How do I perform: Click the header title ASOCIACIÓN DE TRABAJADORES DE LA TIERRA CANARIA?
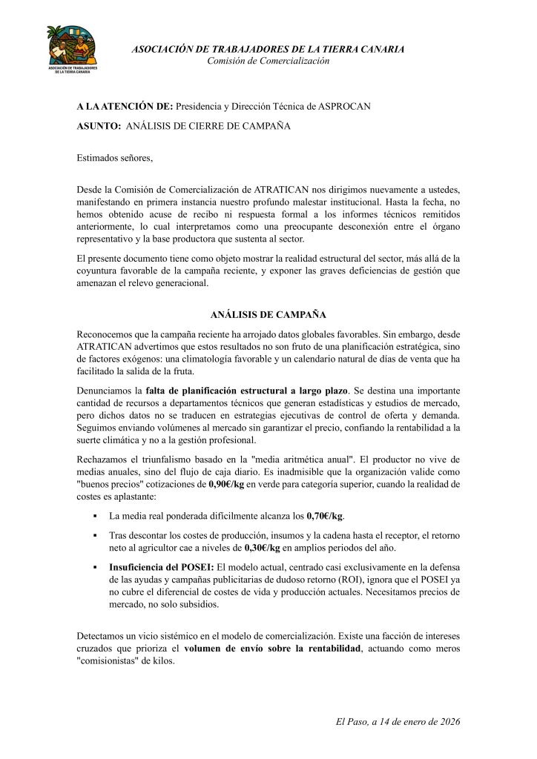[x=268, y=49]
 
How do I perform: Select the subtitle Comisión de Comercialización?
[x=268, y=61]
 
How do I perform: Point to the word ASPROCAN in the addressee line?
[x=349, y=107]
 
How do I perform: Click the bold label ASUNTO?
[x=99, y=126]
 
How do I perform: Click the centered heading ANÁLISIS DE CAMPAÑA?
[x=268, y=315]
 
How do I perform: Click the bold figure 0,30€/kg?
[x=262, y=548]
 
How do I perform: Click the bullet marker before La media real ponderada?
[x=95, y=515]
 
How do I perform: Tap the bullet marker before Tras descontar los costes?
[x=95, y=534]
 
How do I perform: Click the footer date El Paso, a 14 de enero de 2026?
[x=398, y=721]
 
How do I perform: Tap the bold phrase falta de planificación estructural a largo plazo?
[x=246, y=390]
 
